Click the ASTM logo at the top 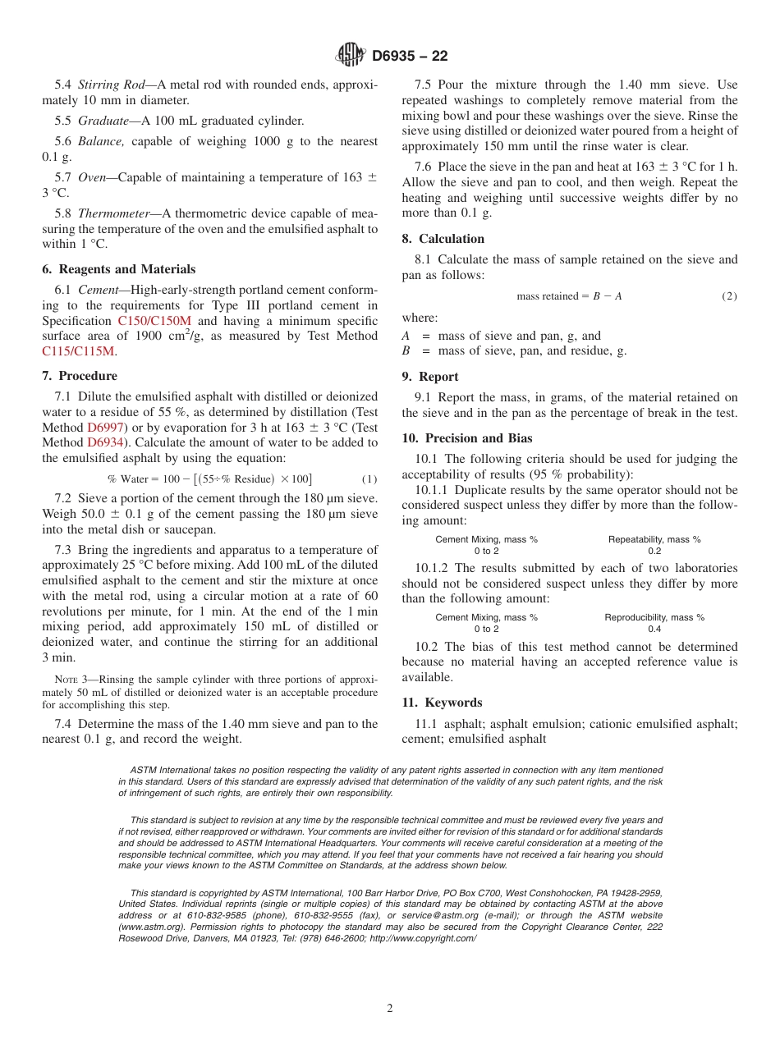click(x=351, y=56)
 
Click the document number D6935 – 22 click(x=410, y=57)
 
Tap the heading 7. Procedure click(x=79, y=376)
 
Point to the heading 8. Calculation click(x=443, y=239)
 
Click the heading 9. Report click(x=430, y=377)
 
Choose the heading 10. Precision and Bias click(x=466, y=438)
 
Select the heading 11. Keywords click(x=442, y=703)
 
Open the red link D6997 click(x=105, y=428)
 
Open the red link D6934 click(x=105, y=443)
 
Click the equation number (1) click(x=369, y=479)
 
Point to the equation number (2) click(x=728, y=296)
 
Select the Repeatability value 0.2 click(x=654, y=551)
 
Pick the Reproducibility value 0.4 click(x=654, y=629)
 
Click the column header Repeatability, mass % click(x=654, y=539)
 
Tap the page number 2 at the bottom click(x=390, y=1009)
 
